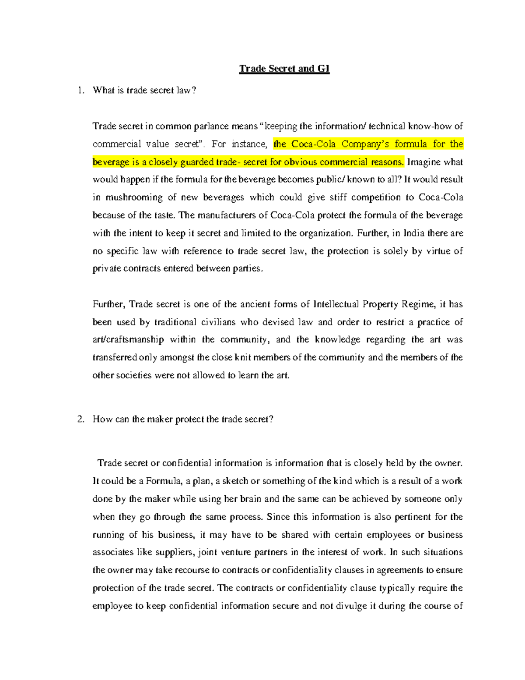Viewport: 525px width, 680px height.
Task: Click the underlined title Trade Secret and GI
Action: (284, 69)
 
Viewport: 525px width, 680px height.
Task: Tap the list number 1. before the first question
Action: (80, 91)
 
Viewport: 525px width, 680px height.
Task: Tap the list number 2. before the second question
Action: (80, 419)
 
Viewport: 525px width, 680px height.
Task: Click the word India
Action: (413, 233)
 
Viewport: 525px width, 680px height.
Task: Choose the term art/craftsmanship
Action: (128, 340)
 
